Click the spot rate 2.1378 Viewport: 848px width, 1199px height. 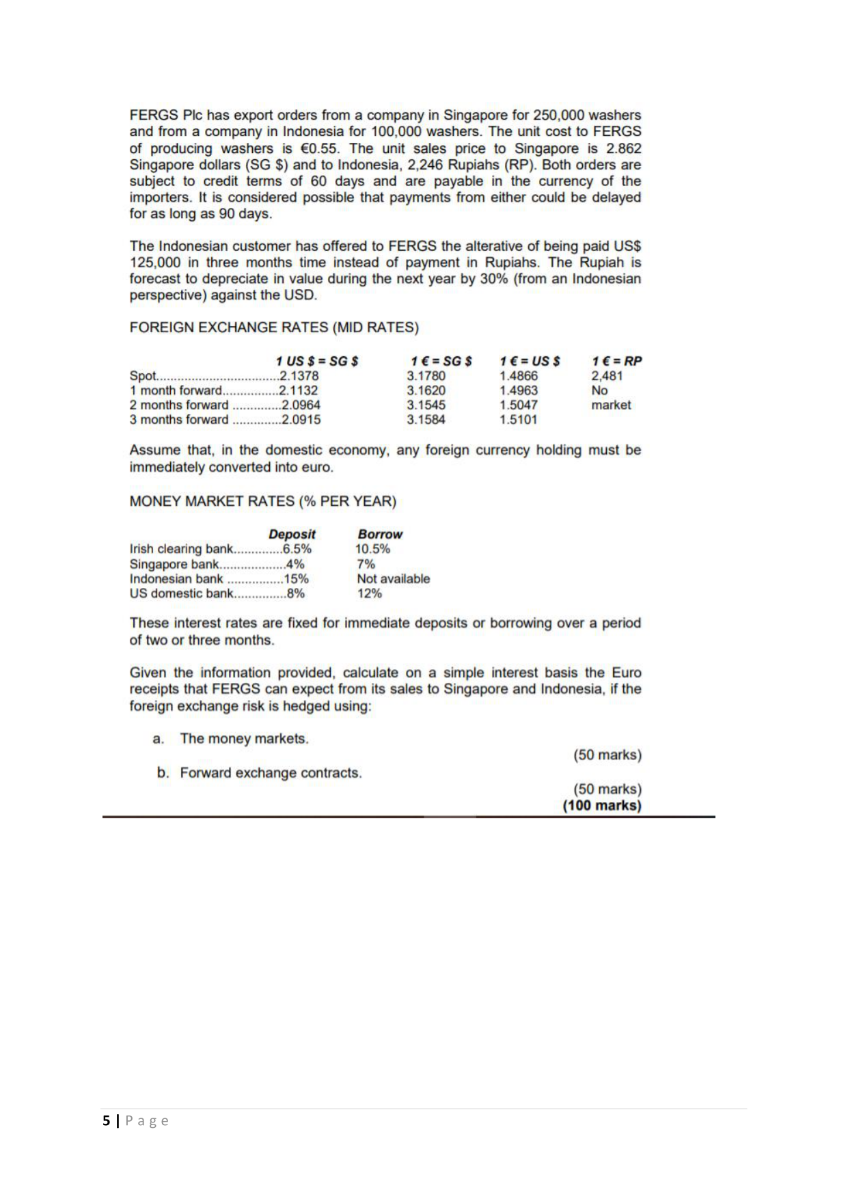coord(300,376)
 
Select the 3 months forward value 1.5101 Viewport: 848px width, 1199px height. coord(518,420)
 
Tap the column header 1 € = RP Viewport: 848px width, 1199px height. coord(616,361)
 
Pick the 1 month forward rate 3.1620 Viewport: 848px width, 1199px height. coord(426,390)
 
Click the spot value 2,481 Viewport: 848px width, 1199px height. coord(607,376)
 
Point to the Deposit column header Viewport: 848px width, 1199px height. coord(292,534)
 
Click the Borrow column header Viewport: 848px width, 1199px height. coord(380,534)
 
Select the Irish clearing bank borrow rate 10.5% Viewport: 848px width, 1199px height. coord(373,549)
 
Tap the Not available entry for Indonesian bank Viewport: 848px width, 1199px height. coord(394,579)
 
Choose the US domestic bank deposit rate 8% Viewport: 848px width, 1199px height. coord(296,593)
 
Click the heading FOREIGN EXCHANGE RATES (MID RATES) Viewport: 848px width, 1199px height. coord(274,327)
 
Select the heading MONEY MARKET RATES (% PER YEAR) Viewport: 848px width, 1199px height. coord(262,501)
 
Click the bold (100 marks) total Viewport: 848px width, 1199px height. coord(602,805)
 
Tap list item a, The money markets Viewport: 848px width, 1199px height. coord(244,738)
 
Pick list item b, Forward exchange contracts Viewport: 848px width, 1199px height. coord(271,772)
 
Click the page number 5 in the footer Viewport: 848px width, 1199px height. coord(106,1120)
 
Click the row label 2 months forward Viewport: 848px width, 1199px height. coord(179,405)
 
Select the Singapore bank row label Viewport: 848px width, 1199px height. coord(174,564)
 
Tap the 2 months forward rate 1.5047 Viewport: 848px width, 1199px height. coord(518,405)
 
